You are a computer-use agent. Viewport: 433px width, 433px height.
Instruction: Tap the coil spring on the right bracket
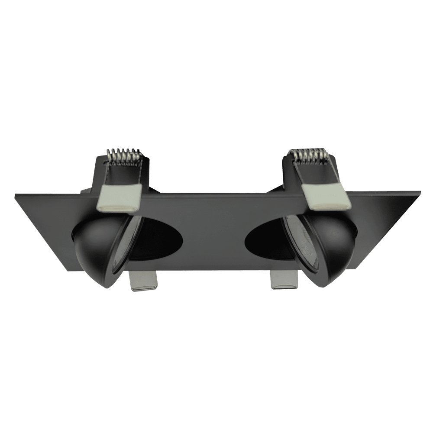click(x=310, y=155)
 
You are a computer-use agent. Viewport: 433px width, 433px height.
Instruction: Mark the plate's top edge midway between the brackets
click(x=216, y=195)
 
